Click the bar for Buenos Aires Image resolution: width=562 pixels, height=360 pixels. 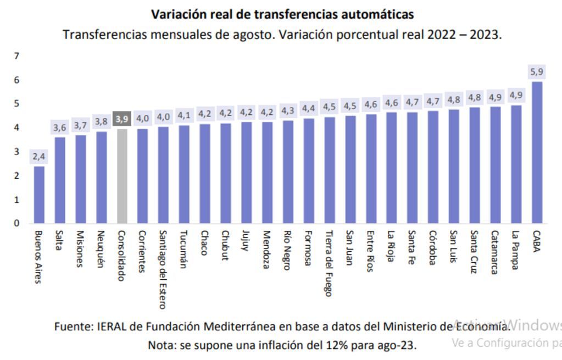39,195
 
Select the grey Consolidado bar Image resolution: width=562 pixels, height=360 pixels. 122,176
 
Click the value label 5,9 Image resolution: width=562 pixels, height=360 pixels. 537,71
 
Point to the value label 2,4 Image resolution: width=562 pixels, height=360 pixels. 39,157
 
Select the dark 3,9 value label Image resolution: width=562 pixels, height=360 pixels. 122,119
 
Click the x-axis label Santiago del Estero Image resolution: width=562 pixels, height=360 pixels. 163,269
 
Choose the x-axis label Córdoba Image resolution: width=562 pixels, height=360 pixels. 433,247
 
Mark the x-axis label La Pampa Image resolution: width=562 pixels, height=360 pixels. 516,250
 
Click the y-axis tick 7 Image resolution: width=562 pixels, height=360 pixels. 17,56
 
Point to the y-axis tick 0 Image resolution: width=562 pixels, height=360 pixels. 17,223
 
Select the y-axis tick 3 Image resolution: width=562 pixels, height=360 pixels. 17,152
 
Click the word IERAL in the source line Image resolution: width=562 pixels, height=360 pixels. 112,326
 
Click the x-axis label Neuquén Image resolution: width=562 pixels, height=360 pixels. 101,248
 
